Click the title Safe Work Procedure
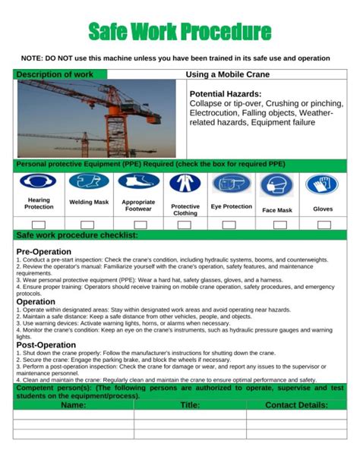coord(180,31)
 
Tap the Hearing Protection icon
coord(39,183)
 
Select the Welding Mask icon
coord(88,182)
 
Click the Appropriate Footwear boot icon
coord(138,182)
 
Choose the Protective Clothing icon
coord(185,184)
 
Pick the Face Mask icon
coord(276,185)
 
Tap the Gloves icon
coord(323,184)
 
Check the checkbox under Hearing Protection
coord(39,225)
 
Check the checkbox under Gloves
coord(324,225)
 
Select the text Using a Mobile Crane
coord(227,75)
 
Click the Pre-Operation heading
coord(43,251)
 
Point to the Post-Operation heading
coord(46,345)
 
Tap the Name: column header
coord(73,405)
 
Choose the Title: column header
coord(190,405)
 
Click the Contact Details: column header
coord(296,405)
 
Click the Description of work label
coord(55,75)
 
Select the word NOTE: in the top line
coord(33,58)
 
